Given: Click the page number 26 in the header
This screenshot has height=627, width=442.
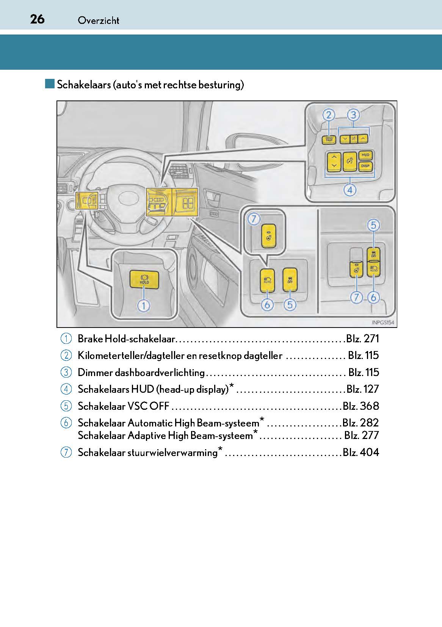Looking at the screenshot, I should pos(37,19).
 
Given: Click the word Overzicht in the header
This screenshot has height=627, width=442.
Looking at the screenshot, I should pos(99,20).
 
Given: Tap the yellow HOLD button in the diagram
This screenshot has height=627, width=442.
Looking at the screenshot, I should pos(144,279).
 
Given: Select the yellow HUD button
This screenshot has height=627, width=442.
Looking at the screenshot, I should pos(365,155).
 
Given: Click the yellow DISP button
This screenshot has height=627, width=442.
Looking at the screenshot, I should pos(365,166).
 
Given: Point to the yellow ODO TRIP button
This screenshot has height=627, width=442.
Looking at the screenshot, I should pos(329,140).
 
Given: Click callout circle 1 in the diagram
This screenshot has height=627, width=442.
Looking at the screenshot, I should pos(144,305).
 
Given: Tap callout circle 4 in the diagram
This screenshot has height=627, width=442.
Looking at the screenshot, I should pos(350,190).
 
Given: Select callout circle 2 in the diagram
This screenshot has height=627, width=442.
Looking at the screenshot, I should pos(329,115).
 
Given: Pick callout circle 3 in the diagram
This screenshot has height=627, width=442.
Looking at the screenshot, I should pos(353,115).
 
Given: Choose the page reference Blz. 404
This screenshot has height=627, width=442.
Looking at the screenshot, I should pos(361,452).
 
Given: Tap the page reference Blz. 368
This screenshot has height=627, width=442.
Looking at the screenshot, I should pos(361,406).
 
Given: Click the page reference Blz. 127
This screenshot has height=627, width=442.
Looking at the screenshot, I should pos(363,389).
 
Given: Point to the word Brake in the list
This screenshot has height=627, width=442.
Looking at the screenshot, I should pos(90,339).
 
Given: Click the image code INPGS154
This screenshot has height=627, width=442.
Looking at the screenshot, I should pos(383,323).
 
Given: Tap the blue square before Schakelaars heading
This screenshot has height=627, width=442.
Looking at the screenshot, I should pos(50,84).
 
